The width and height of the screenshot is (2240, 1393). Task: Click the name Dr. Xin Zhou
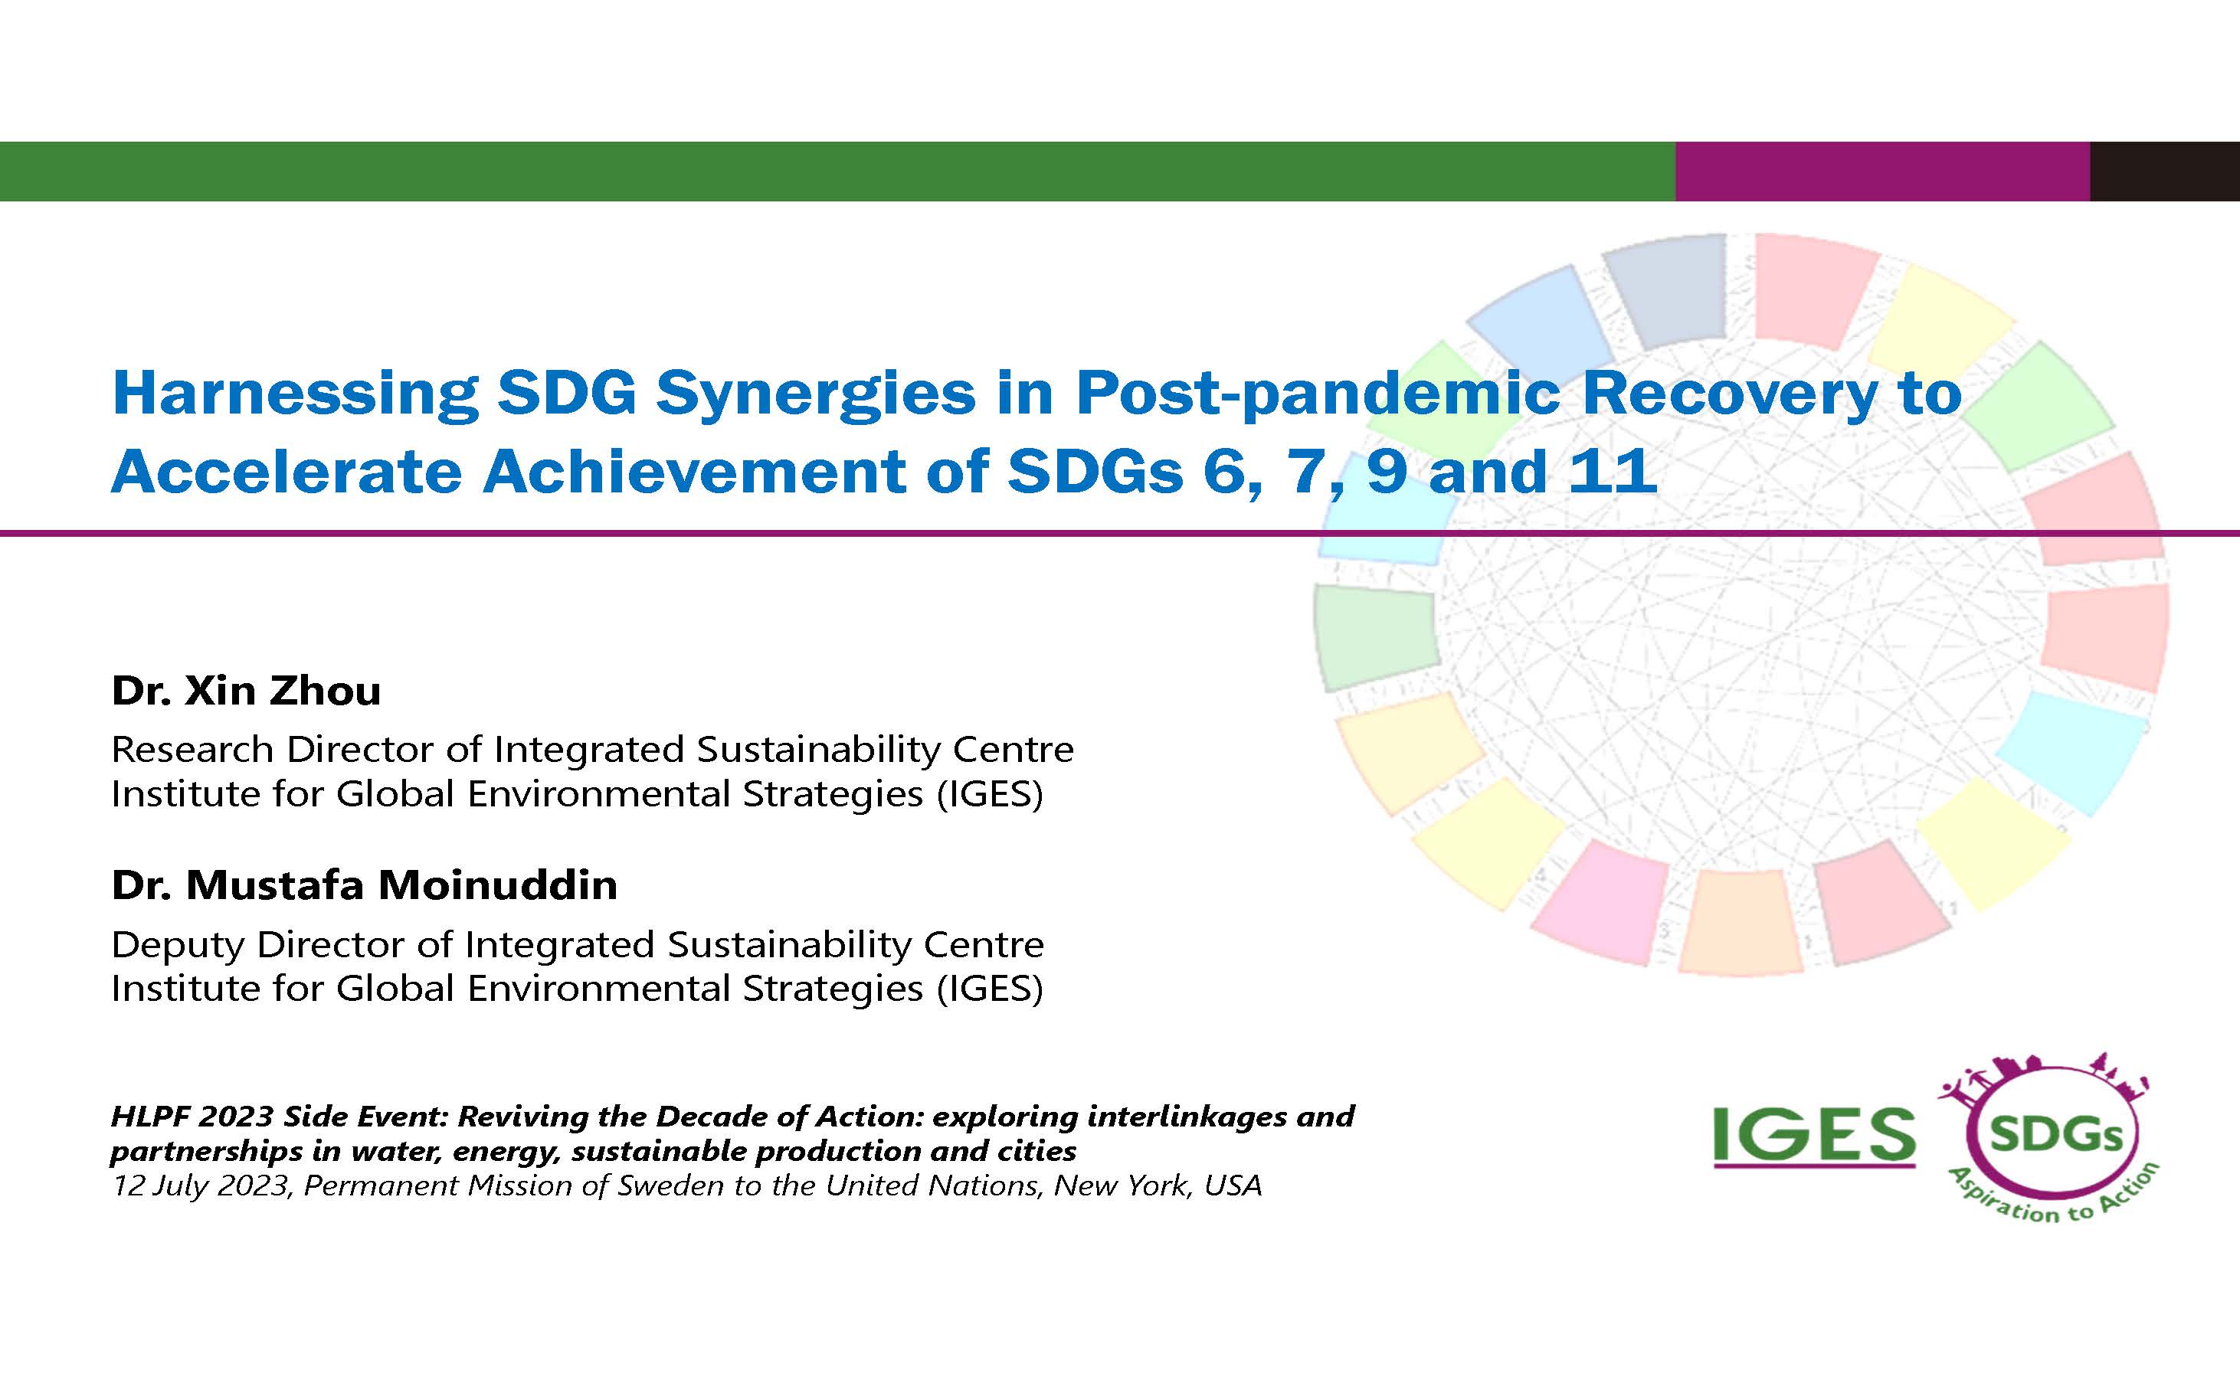246,691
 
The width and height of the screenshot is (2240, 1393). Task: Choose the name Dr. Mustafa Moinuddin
364,885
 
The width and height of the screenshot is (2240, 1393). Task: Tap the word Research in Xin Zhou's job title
192,750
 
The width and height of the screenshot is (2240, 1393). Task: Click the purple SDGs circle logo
2055,1136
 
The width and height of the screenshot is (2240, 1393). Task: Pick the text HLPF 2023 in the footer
192,1117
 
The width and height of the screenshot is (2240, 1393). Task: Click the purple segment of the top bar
1881,172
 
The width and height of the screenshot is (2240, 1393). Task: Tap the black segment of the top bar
2164,172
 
